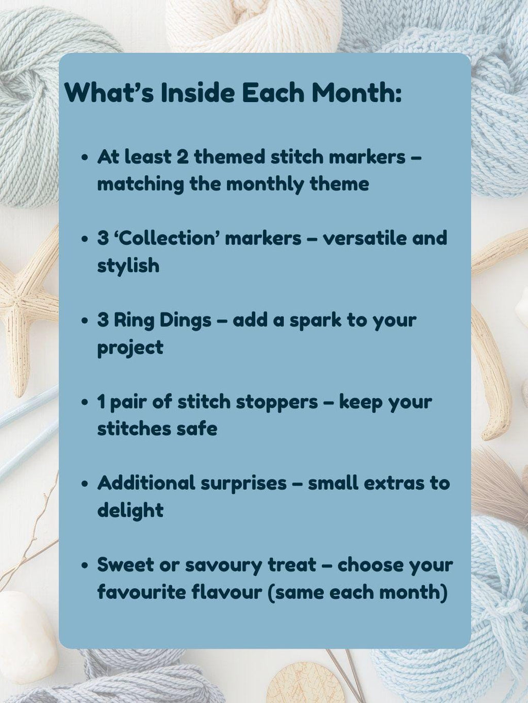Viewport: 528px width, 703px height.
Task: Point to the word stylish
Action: click(128, 266)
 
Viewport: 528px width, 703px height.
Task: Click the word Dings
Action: click(184, 320)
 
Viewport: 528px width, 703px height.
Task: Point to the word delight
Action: click(130, 511)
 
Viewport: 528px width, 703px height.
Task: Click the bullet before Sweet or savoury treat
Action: click(85, 565)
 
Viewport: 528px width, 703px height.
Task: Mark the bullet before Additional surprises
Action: click(85, 484)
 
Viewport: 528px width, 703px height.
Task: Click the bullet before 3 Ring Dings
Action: click(85, 320)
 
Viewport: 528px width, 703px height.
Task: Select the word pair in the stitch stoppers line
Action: click(128, 402)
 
